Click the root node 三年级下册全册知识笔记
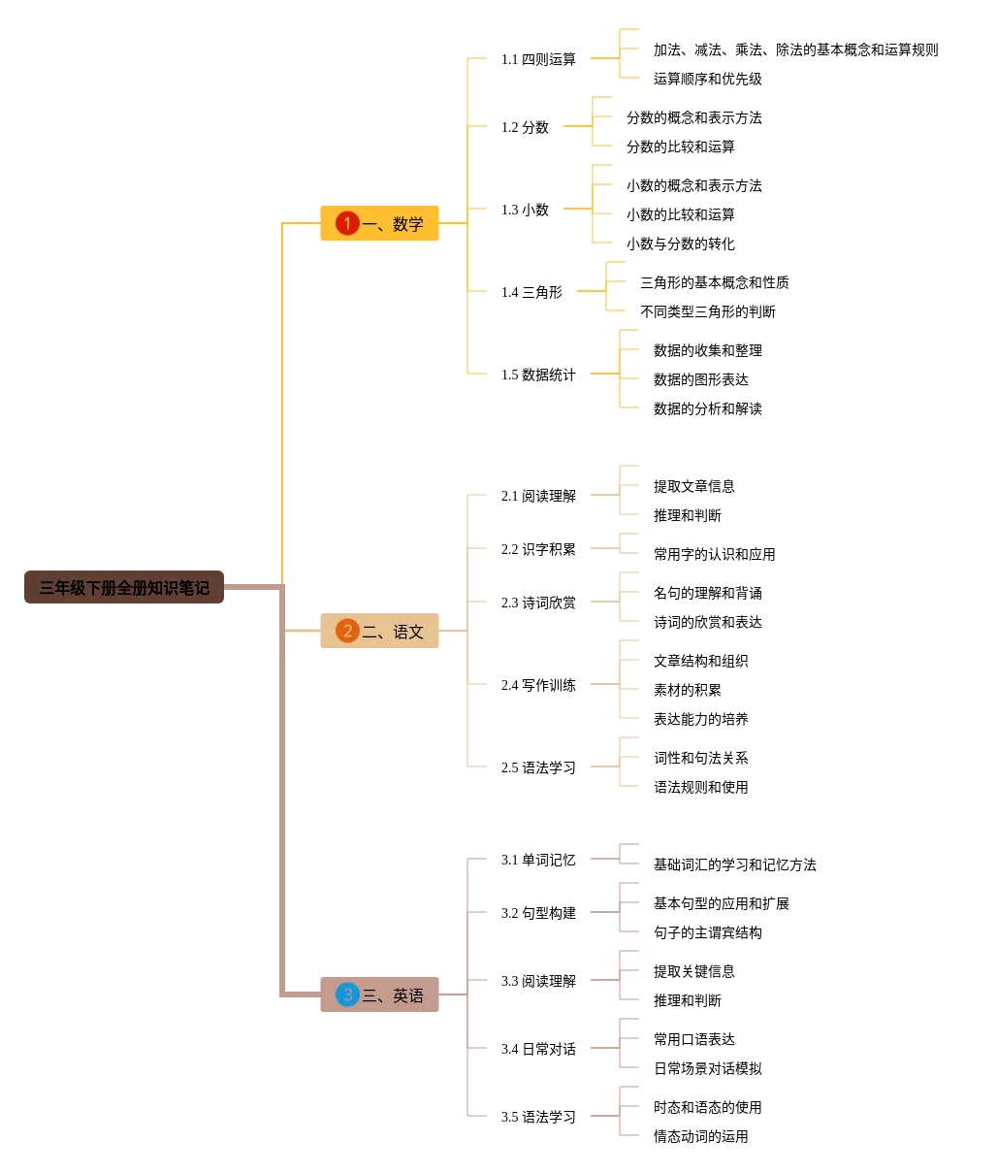[x=124, y=587]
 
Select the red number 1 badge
[x=347, y=223]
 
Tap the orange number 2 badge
[x=347, y=631]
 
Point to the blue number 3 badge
[x=347, y=995]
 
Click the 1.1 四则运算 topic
[x=538, y=59]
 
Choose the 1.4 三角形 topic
[x=531, y=292]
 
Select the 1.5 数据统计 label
[x=538, y=375]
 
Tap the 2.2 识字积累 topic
[x=538, y=549]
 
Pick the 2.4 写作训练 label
[x=538, y=685]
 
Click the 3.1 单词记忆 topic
[x=538, y=860]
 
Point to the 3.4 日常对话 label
[x=538, y=1049]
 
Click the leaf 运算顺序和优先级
[x=707, y=79]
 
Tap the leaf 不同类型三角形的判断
[x=707, y=311]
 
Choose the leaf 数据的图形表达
[x=700, y=379]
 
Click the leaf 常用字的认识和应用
[x=714, y=554]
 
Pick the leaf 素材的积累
[x=687, y=690]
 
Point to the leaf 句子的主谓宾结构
[x=707, y=932]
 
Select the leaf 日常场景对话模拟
[x=707, y=1068]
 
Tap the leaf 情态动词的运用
[x=700, y=1136]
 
